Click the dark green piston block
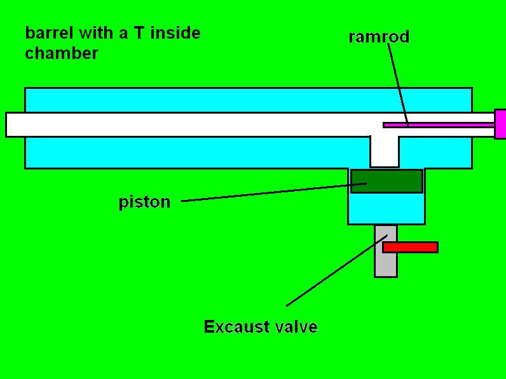pyautogui.click(x=386, y=181)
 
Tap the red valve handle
pyautogui.click(x=410, y=247)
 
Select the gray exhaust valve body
pyautogui.click(x=385, y=264)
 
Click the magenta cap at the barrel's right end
pyautogui.click(x=500, y=124)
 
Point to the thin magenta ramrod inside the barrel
pyautogui.click(x=439, y=125)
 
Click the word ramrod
pyautogui.click(x=379, y=37)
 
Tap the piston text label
pyautogui.click(x=144, y=203)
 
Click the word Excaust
pyautogui.click(x=238, y=327)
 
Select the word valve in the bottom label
pyautogui.click(x=297, y=327)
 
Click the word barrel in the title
pyautogui.click(x=45, y=32)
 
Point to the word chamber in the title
pyautogui.click(x=62, y=53)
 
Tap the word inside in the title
pyautogui.click(x=175, y=32)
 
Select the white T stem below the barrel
pyautogui.click(x=384, y=151)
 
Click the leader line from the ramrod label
pyautogui.click(x=397, y=83)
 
